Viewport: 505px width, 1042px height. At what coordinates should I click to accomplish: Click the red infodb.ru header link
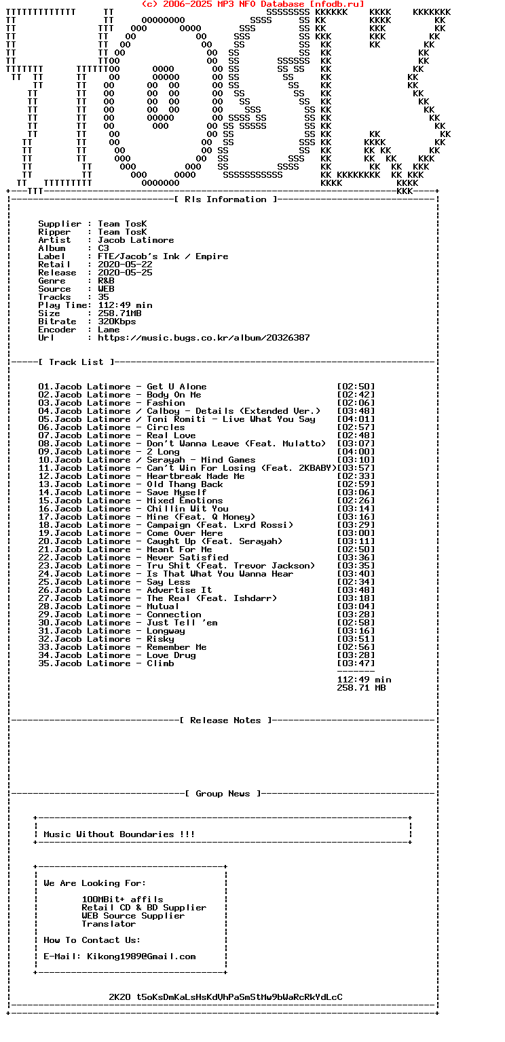tap(252, 4)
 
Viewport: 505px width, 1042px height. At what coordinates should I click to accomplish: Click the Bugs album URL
tap(204, 338)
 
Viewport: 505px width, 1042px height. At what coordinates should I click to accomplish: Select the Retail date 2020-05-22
tap(125, 265)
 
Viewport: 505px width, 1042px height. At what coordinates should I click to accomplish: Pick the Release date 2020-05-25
tap(125, 273)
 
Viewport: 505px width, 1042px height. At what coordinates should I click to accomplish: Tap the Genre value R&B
tap(106, 281)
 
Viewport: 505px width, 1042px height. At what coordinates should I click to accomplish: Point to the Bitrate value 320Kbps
tap(117, 322)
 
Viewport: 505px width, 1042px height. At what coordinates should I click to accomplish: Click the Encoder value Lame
tap(109, 330)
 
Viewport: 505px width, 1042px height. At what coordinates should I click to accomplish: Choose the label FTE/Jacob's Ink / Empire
tap(163, 256)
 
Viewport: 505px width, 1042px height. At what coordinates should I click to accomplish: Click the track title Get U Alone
tap(176, 387)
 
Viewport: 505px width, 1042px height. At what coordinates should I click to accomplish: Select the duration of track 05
tap(356, 419)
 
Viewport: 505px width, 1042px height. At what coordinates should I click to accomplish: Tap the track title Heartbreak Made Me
tap(195, 476)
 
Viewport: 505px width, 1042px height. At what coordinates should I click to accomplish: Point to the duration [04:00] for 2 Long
tap(356, 452)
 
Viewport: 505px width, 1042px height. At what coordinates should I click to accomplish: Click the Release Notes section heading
tap(225, 720)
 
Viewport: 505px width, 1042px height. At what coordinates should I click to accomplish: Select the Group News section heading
tap(223, 794)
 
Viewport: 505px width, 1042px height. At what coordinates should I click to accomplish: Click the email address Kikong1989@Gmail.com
tap(141, 957)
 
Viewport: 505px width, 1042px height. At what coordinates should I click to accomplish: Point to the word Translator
tap(109, 924)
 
